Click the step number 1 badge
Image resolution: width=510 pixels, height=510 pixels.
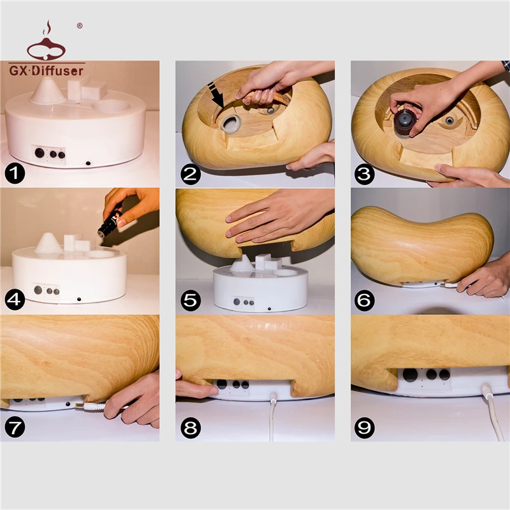tap(15, 173)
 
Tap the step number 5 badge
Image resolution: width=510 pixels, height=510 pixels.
tap(191, 300)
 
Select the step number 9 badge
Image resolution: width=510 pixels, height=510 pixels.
tap(364, 428)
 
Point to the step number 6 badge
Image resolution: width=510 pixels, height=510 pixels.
tap(364, 300)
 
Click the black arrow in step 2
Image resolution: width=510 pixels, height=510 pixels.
tap(215, 94)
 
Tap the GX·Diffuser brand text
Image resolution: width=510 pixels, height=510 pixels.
tap(47, 71)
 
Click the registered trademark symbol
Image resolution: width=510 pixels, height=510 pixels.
tap(80, 25)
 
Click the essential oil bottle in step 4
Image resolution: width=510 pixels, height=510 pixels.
tap(110, 222)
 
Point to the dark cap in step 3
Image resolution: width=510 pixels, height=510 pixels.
tap(404, 123)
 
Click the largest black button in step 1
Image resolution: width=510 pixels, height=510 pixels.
tap(40, 152)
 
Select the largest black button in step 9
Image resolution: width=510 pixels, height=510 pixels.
tap(410, 375)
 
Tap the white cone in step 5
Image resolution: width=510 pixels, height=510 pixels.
tap(242, 263)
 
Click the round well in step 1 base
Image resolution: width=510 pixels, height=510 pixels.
tap(113, 106)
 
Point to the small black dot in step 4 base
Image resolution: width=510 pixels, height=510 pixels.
tap(78, 299)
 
